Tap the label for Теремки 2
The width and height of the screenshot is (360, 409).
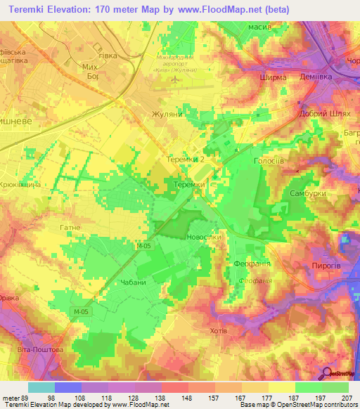[x=186, y=160]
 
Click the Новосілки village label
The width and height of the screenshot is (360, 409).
[x=204, y=238]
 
